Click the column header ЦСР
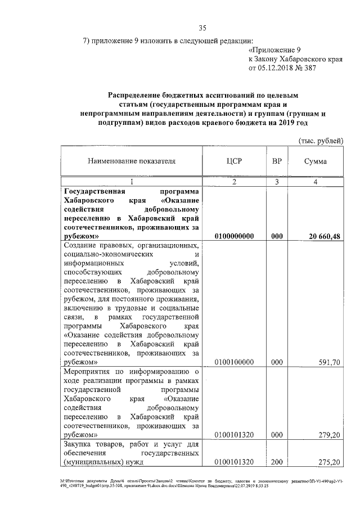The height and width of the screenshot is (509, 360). pyautogui.click(x=233, y=161)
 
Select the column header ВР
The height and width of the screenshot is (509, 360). pyautogui.click(x=276, y=161)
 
